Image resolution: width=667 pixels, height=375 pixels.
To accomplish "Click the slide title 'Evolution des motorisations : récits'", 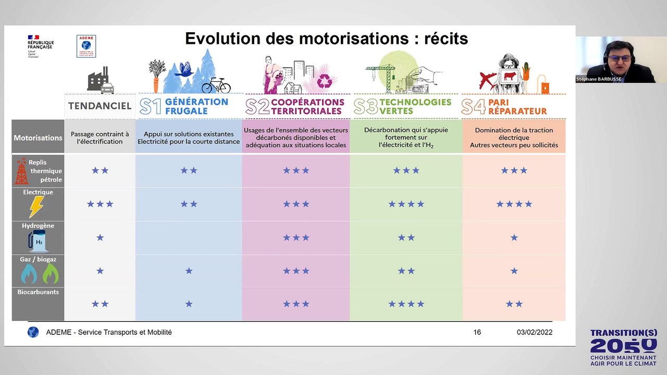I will point(326,39).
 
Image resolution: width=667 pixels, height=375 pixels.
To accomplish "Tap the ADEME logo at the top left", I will point(86,46).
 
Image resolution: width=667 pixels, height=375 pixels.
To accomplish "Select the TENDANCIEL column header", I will point(100,106).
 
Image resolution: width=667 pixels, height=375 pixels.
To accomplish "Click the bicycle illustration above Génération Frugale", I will point(216,85).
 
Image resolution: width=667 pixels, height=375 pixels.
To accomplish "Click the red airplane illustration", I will point(488,81).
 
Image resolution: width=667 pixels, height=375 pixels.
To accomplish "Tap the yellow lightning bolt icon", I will point(36,206).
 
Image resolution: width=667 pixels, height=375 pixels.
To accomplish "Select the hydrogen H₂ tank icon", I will point(38,241).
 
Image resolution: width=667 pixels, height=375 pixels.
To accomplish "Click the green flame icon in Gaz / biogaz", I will point(51,273).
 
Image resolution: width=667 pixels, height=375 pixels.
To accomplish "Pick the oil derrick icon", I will point(21,171).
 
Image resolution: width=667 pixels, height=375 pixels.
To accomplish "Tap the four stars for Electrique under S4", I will point(514,204).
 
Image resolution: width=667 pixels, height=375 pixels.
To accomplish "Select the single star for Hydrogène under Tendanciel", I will point(100,238).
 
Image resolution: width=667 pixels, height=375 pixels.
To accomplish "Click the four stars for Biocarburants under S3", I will point(406,304).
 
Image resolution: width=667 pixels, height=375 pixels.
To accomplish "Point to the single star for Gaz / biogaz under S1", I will point(189,271).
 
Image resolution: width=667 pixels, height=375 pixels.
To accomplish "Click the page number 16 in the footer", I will point(477,332).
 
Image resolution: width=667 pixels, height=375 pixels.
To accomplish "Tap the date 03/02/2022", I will point(534,332).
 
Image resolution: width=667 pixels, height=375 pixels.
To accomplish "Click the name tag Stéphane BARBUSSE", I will point(598,79).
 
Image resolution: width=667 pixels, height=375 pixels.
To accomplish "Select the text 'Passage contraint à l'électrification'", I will point(100,137).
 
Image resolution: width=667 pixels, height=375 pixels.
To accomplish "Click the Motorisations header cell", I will point(38,138).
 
